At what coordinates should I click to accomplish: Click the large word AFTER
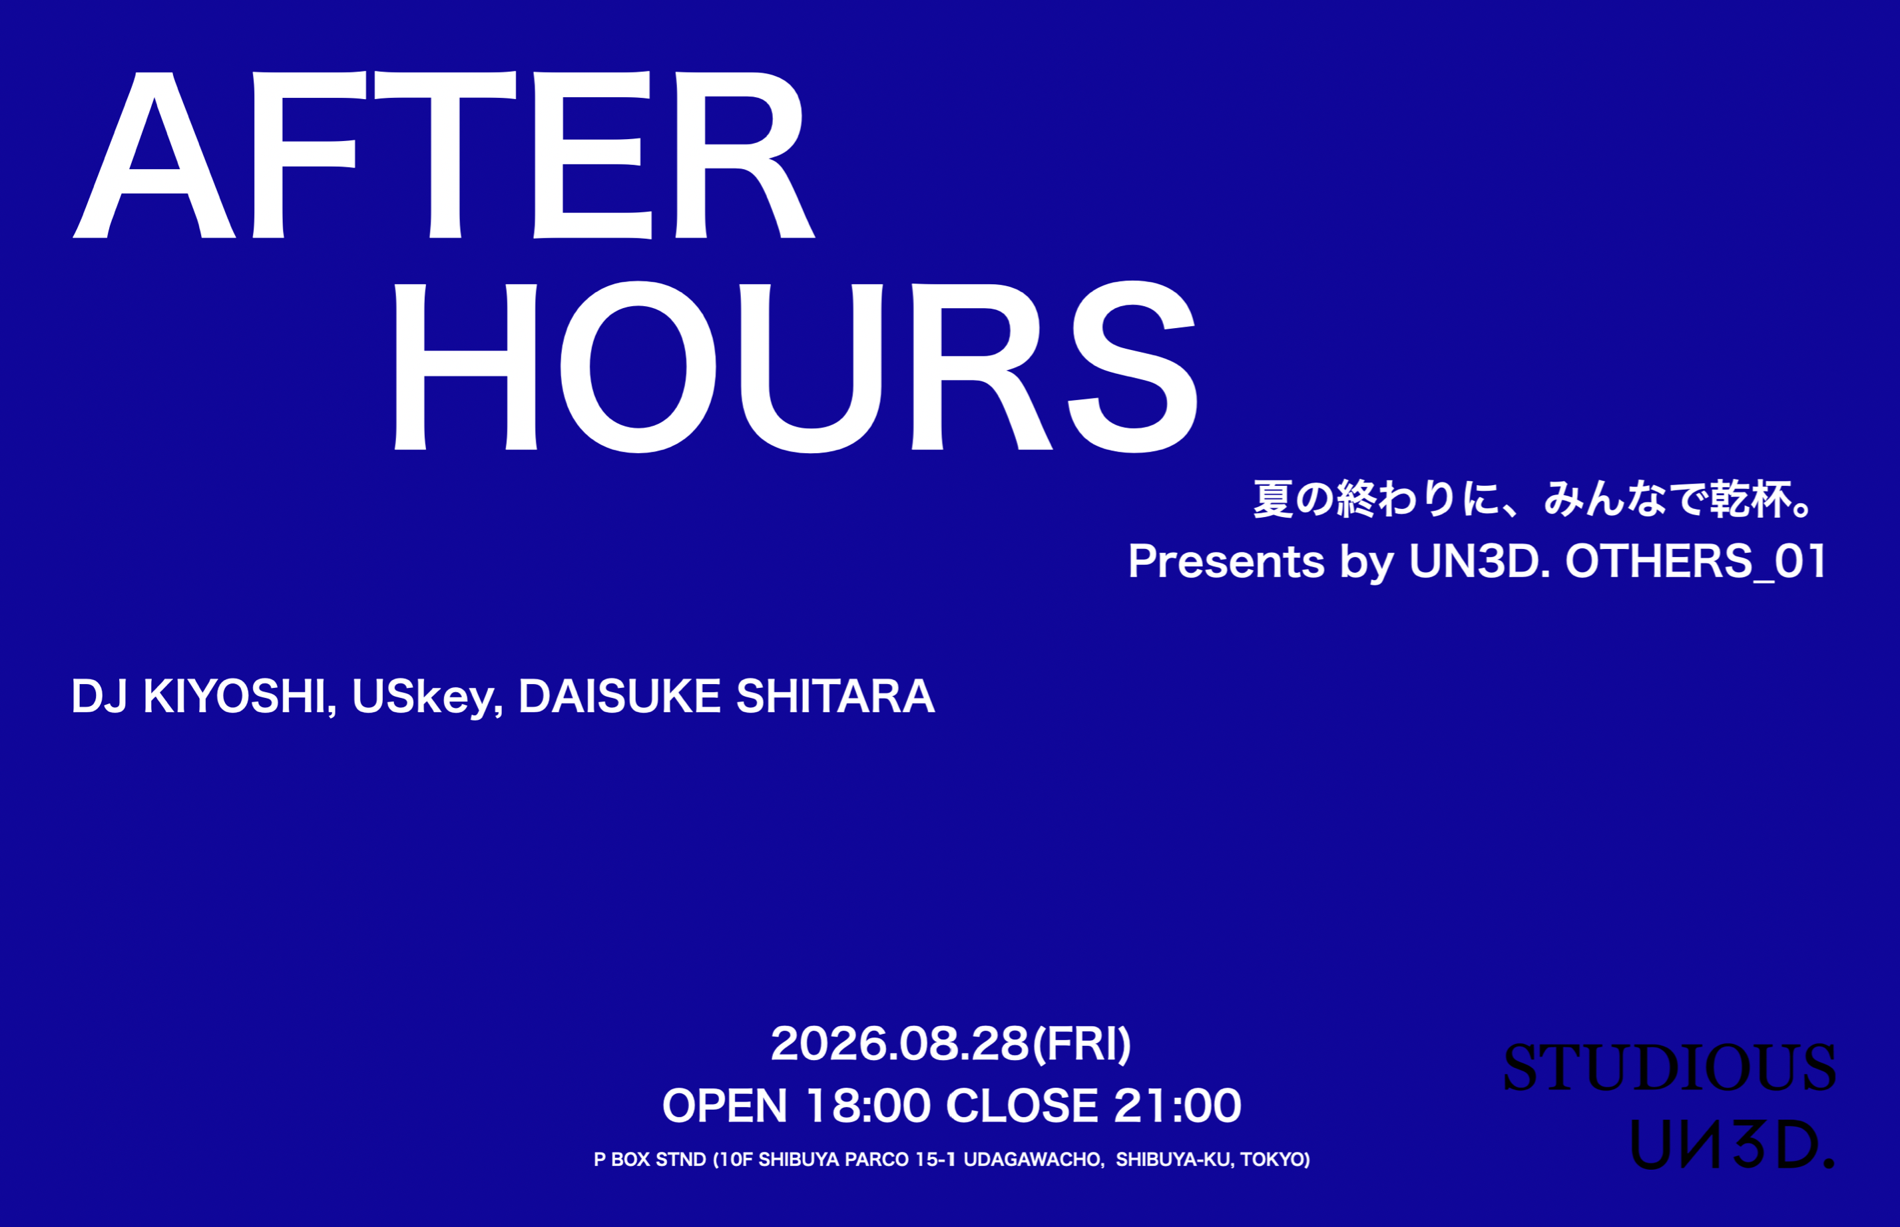[444, 155]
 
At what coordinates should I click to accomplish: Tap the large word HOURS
[796, 367]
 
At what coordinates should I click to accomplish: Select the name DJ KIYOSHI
[199, 697]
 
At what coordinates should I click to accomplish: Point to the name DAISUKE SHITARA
[726, 697]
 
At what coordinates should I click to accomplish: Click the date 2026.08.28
[901, 1044]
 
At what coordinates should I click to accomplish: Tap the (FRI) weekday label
[1082, 1045]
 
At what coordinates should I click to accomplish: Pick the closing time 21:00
[1177, 1106]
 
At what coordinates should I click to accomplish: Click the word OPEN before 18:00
[724, 1106]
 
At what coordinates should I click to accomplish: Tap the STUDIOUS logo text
[1669, 1068]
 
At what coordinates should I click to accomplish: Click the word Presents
[1226, 562]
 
